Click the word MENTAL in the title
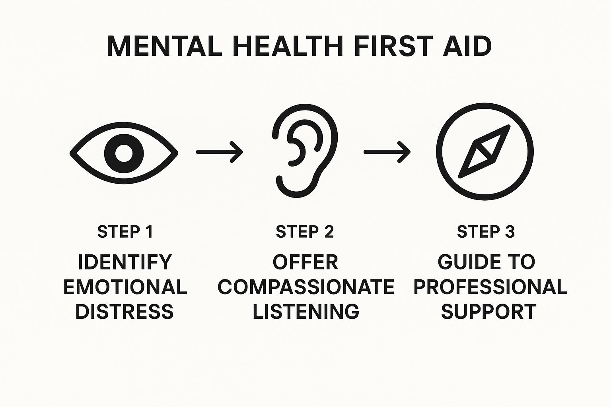point(164,47)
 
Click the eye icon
point(124,153)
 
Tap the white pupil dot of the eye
point(124,153)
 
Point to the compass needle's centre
point(485,151)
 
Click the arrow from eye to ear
point(220,152)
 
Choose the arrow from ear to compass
point(387,152)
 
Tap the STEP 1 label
point(125,232)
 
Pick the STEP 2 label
point(305,232)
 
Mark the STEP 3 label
point(486,232)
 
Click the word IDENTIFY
point(125,262)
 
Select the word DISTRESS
point(125,312)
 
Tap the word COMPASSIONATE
point(305,287)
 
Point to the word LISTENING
point(305,312)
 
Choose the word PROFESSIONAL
point(490,287)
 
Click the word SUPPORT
point(488,312)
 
